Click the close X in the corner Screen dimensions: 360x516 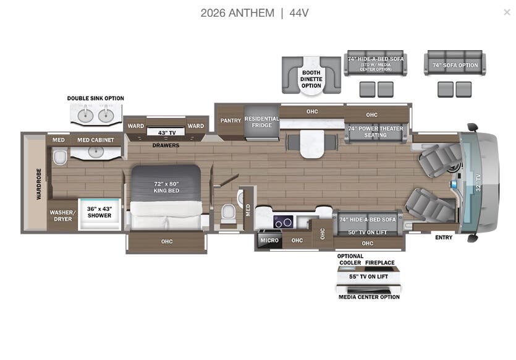point(507,12)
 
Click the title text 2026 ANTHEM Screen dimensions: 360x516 point(237,13)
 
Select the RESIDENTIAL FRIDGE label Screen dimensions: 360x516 point(262,122)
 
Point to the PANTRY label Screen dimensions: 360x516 point(231,121)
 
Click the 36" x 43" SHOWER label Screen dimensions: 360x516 point(99,212)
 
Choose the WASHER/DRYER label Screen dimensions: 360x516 point(62,215)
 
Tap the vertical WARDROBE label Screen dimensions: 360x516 point(38,184)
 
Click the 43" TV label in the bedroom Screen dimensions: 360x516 point(166,133)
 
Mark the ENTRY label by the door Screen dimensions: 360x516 point(444,238)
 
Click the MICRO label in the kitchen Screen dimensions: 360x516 point(269,240)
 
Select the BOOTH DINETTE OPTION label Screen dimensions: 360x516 point(311,79)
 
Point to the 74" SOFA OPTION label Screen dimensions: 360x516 point(455,65)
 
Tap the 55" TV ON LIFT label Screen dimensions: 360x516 point(368,276)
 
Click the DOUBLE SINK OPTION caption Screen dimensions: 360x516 point(96,98)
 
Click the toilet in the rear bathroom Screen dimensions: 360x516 point(59,158)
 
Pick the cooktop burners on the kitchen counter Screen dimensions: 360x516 point(284,222)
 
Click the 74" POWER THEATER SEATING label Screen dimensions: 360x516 point(375,132)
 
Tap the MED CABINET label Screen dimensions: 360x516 point(96,140)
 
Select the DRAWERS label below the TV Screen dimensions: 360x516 point(166,146)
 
